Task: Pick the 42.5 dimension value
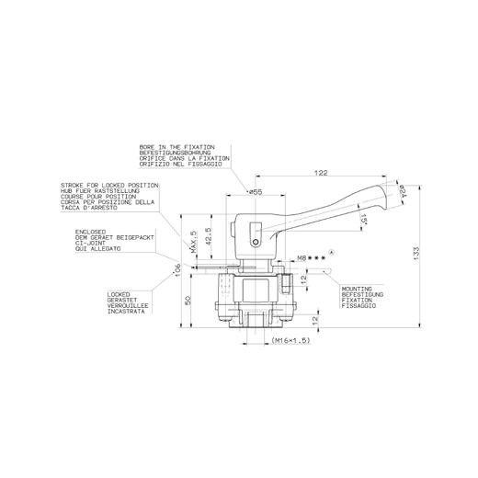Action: (208, 236)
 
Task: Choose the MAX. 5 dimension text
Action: (194, 243)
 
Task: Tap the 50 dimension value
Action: (188, 300)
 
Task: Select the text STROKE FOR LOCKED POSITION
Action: (109, 184)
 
